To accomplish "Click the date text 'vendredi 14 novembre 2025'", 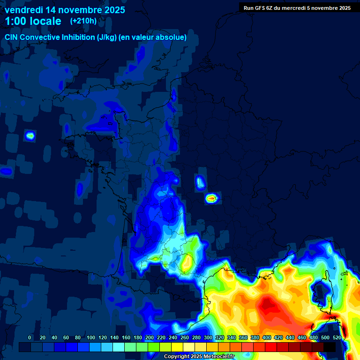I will pos(65,10).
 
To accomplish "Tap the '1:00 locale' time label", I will pos(33,21).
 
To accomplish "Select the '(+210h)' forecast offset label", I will pos(83,21).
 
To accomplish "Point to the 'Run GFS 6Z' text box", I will pos(297,7).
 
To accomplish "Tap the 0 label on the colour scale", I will pos(30,337).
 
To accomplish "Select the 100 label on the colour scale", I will pos(91,337).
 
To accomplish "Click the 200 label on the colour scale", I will pos(150,337).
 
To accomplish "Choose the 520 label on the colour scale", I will pos(337,337).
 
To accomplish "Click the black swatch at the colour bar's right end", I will pos(330,347).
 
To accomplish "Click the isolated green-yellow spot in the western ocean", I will pos(30,135).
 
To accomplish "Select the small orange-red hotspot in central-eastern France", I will pos(212,198).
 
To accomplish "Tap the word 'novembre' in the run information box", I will pos(317,7).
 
